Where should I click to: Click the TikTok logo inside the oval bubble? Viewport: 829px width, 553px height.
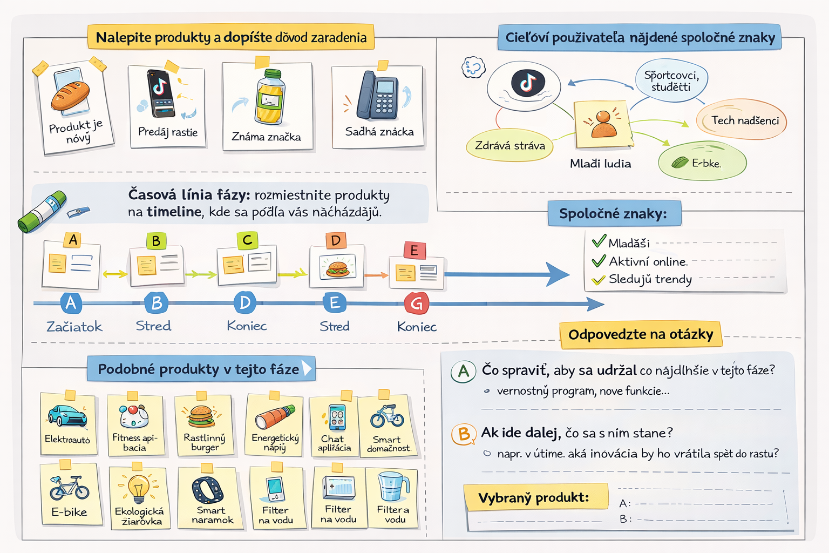pyautogui.click(x=528, y=83)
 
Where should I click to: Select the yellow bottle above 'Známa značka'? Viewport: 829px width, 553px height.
pyautogui.click(x=269, y=98)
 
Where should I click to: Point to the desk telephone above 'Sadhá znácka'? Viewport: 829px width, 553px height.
pyautogui.click(x=378, y=96)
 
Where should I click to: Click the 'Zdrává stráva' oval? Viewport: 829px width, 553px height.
pyautogui.click(x=509, y=145)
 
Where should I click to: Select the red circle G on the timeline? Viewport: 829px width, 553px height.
pyautogui.click(x=416, y=304)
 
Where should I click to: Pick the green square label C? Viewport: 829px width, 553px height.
pyautogui.click(x=247, y=240)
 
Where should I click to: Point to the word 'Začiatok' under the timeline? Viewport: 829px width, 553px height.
pyautogui.click(x=74, y=327)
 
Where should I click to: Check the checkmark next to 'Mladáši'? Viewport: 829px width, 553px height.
pyautogui.click(x=599, y=241)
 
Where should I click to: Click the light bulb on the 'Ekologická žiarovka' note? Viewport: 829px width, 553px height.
pyautogui.click(x=139, y=488)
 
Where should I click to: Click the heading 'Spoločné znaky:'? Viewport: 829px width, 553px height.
pyautogui.click(x=614, y=214)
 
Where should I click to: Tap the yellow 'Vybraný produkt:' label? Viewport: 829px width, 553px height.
pyautogui.click(x=534, y=497)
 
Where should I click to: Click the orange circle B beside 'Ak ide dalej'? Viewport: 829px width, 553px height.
pyautogui.click(x=464, y=434)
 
